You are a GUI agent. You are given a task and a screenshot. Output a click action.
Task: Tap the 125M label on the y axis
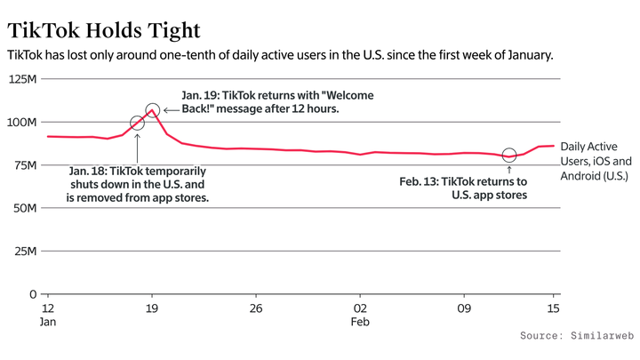coord(23,79)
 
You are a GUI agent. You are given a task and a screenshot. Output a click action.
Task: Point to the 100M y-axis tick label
coord(23,122)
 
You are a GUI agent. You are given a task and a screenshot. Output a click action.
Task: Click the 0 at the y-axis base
coord(33,293)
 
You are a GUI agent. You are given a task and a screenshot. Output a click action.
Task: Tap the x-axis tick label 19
coord(152,308)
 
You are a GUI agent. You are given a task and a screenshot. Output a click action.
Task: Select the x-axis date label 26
coord(256,308)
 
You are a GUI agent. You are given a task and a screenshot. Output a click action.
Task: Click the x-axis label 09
coord(463,308)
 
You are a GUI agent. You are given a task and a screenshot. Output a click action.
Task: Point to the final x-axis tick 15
coord(553,308)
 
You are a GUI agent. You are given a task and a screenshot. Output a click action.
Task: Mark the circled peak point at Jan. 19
coord(152,111)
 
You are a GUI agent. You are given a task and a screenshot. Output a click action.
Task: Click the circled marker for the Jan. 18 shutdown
coord(137,124)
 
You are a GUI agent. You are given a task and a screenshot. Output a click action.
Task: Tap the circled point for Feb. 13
coord(508,156)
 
